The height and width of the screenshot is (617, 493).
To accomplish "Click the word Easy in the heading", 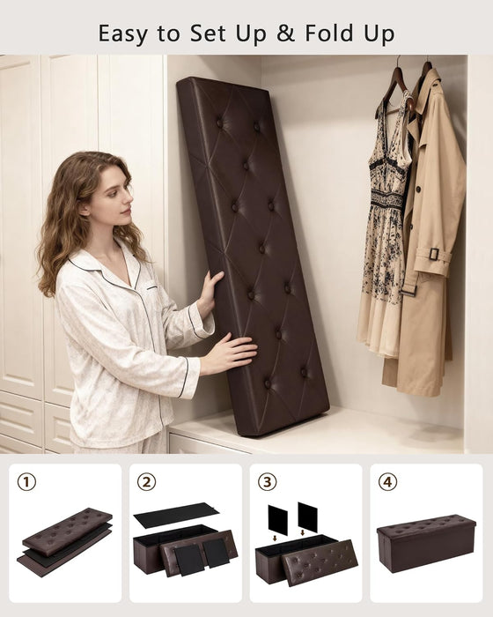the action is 123,34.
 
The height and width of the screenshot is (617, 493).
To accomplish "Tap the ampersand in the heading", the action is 286,33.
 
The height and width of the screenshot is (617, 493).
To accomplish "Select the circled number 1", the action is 26,482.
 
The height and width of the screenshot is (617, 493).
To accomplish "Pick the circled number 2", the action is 147,482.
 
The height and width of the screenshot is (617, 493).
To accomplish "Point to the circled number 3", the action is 267,482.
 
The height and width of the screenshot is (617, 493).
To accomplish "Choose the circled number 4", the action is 387,482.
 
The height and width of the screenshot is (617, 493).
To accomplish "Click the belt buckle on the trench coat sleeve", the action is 434,254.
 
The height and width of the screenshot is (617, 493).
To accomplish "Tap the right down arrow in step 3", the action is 302,532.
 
